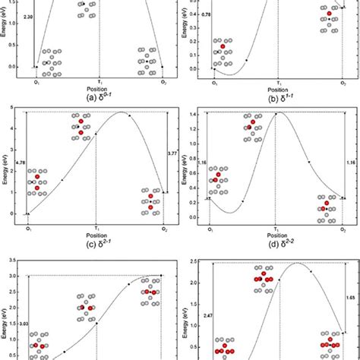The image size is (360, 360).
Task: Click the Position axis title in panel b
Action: pyautogui.click(x=277, y=86)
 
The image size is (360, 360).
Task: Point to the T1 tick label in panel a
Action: pyautogui.click(x=99, y=80)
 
